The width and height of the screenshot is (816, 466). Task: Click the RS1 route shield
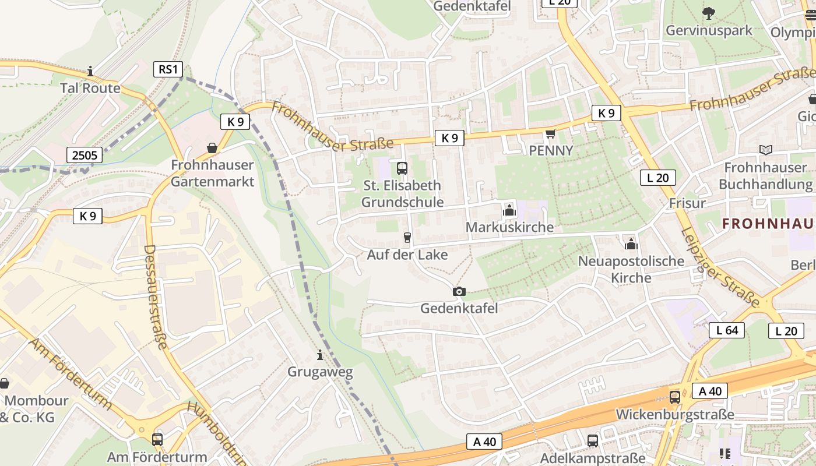[168, 70]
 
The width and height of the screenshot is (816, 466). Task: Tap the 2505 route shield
[85, 155]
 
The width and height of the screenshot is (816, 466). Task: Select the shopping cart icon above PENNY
[550, 134]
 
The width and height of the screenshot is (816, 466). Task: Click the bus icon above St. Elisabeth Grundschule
[402, 168]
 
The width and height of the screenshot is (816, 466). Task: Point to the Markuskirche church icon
[509, 210]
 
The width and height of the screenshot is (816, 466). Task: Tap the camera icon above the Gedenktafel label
[459, 291]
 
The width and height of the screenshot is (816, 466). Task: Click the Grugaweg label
[320, 372]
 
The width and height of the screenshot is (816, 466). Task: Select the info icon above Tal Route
[90, 72]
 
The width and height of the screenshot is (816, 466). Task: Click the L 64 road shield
[727, 330]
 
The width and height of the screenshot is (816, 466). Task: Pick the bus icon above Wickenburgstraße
[675, 397]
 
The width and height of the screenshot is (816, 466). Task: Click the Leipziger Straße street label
[720, 267]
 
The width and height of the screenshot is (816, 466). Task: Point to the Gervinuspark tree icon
[709, 13]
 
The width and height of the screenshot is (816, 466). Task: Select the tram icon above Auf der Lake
[407, 237]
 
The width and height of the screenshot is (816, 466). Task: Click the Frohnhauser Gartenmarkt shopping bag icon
[212, 148]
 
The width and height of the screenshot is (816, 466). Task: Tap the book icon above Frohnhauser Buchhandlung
[765, 150]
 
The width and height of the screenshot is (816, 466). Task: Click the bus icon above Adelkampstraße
[593, 440]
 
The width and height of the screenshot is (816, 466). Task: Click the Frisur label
[687, 203]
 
